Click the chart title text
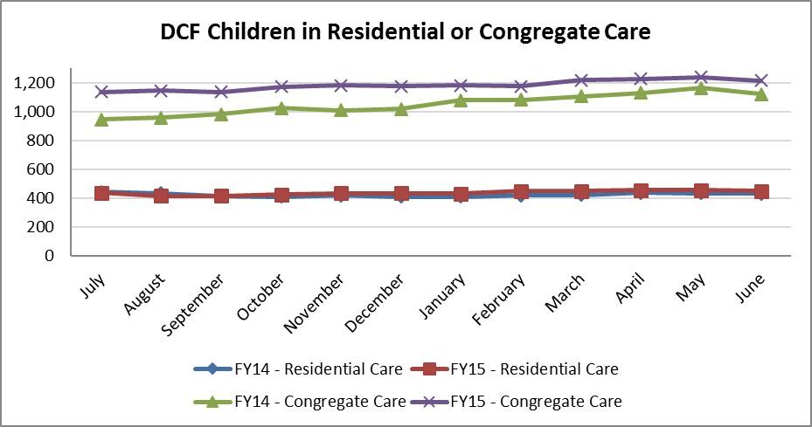(x=406, y=32)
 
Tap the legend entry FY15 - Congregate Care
(x=537, y=402)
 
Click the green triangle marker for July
(x=102, y=119)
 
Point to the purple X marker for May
(x=700, y=78)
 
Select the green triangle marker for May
(x=700, y=88)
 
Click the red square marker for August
(x=162, y=196)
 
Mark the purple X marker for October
(x=281, y=86)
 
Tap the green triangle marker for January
(x=461, y=100)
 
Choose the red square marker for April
(x=641, y=191)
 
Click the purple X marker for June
(x=760, y=81)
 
